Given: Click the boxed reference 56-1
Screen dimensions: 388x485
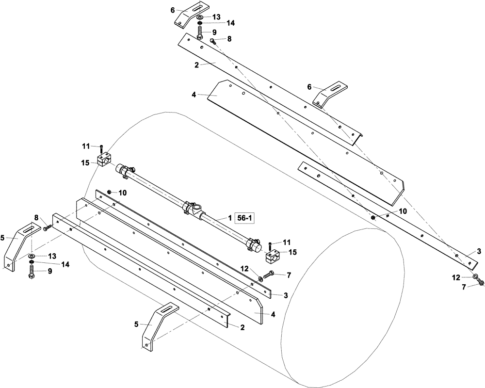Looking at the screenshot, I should tap(244, 219).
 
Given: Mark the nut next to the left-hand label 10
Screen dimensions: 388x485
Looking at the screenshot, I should tap(110, 193).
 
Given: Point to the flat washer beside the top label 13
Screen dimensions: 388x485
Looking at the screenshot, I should tap(200, 17).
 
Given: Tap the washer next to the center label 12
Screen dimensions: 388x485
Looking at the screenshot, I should tap(260, 278).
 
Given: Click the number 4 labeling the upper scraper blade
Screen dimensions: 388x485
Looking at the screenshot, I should tap(194, 95).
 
